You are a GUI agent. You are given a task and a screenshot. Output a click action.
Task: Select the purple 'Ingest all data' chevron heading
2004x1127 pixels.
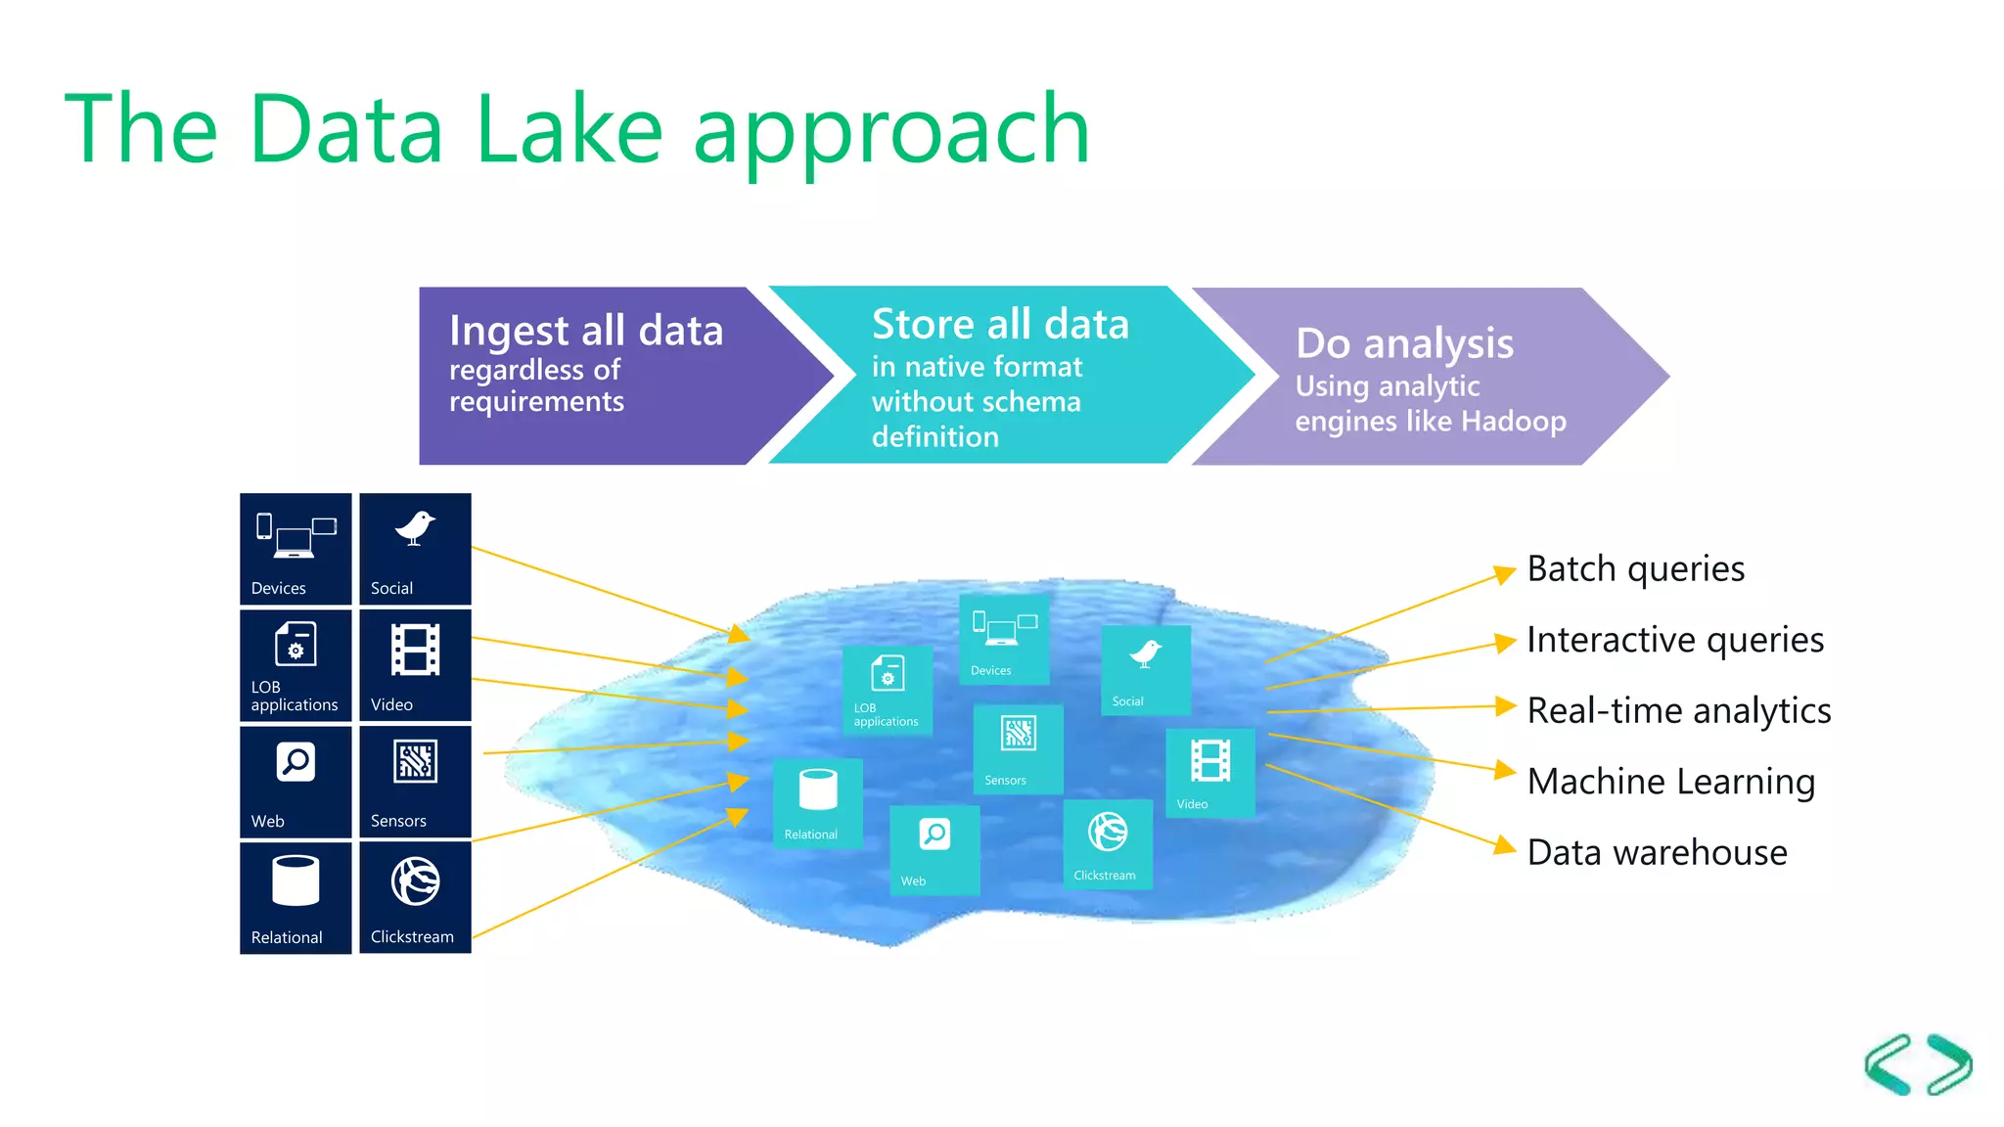point(585,330)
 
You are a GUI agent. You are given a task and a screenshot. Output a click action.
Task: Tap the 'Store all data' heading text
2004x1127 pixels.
point(1000,324)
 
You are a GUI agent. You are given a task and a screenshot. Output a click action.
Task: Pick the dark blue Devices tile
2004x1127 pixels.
point(296,549)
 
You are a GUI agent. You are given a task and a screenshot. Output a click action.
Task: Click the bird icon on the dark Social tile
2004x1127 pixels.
point(415,528)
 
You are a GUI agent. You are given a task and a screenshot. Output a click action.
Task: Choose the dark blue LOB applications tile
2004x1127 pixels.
point(296,665)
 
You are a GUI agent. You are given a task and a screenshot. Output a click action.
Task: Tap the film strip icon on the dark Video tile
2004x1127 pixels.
point(415,650)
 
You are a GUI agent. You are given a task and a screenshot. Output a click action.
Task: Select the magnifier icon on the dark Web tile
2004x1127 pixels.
point(296,762)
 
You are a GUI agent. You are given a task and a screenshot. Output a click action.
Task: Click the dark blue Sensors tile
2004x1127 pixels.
point(415,782)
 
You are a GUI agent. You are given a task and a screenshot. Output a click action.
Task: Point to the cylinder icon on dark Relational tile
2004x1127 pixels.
point(296,880)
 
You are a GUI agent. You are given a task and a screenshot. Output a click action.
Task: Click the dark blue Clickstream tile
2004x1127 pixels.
point(415,897)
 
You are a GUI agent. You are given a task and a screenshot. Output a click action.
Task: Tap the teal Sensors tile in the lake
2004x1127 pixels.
point(1018,749)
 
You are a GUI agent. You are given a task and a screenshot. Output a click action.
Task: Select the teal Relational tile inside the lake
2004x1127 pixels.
point(817,802)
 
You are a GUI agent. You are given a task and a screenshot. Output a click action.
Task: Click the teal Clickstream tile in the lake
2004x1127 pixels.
point(1107,844)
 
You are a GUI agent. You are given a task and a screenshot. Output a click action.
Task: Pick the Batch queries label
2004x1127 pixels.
point(1635,569)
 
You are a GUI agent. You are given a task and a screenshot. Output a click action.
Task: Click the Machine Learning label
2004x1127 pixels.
point(1670,782)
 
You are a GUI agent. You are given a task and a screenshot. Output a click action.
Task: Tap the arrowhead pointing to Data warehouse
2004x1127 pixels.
point(1505,845)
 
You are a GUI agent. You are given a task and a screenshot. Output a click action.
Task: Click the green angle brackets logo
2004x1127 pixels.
point(1918,1064)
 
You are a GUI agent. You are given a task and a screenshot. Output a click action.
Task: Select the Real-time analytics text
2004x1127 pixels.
point(1678,711)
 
